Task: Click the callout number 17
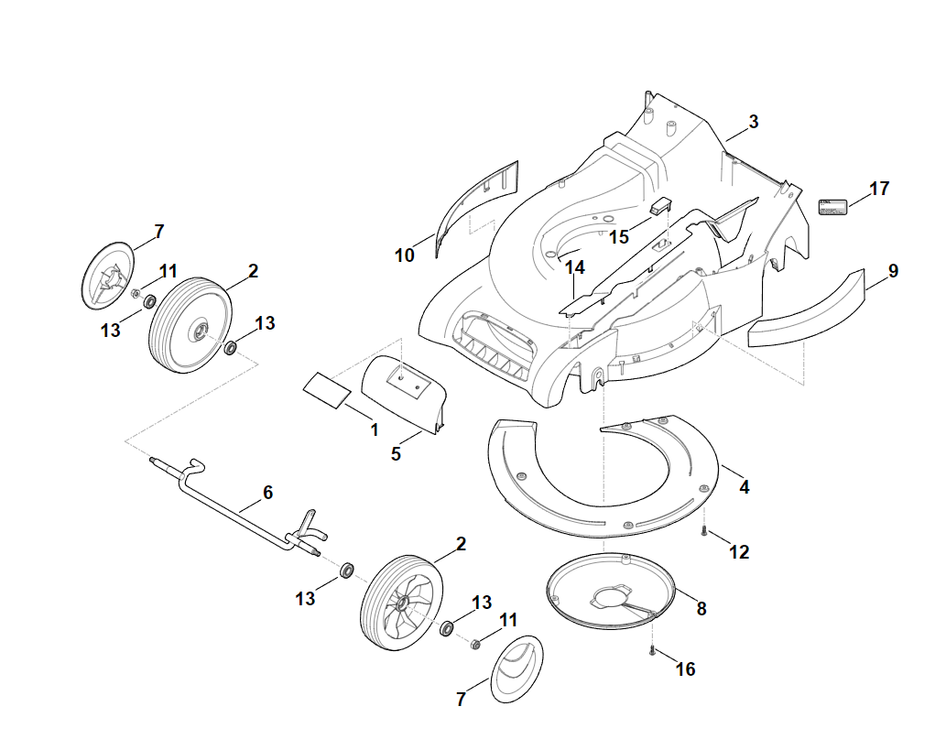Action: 879,189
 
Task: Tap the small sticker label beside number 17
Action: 832,206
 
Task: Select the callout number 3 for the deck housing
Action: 754,122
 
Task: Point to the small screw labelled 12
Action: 704,531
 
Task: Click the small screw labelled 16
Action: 652,650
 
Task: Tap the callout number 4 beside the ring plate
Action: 744,487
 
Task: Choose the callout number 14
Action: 574,267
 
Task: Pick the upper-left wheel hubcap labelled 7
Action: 107,277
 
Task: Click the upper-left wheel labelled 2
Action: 190,325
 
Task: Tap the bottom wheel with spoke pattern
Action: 401,603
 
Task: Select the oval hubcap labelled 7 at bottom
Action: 516,668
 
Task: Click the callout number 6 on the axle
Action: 268,493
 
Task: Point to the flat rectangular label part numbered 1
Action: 326,390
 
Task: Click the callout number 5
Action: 396,453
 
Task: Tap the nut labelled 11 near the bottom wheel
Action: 474,644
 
